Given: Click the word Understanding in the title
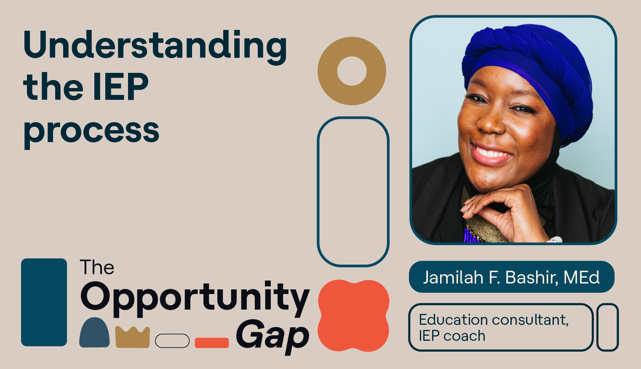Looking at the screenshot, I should point(155,45).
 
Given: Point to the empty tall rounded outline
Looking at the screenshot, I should point(353,192).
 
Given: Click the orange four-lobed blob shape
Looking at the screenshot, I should point(353,316).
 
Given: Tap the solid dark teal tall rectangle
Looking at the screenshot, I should point(44,302).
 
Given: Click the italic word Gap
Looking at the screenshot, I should point(272,336).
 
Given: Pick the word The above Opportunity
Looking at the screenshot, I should point(97,267).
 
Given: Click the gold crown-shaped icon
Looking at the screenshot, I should point(132,337).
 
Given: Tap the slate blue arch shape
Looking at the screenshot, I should point(94,333).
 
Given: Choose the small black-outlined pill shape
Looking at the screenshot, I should point(172,341).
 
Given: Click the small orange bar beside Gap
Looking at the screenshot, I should point(211,342).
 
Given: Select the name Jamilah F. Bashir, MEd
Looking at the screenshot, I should point(511,277).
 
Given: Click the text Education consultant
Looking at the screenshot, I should point(494,320).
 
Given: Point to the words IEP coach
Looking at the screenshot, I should point(452,336).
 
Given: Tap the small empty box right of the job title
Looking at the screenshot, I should point(607,327).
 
